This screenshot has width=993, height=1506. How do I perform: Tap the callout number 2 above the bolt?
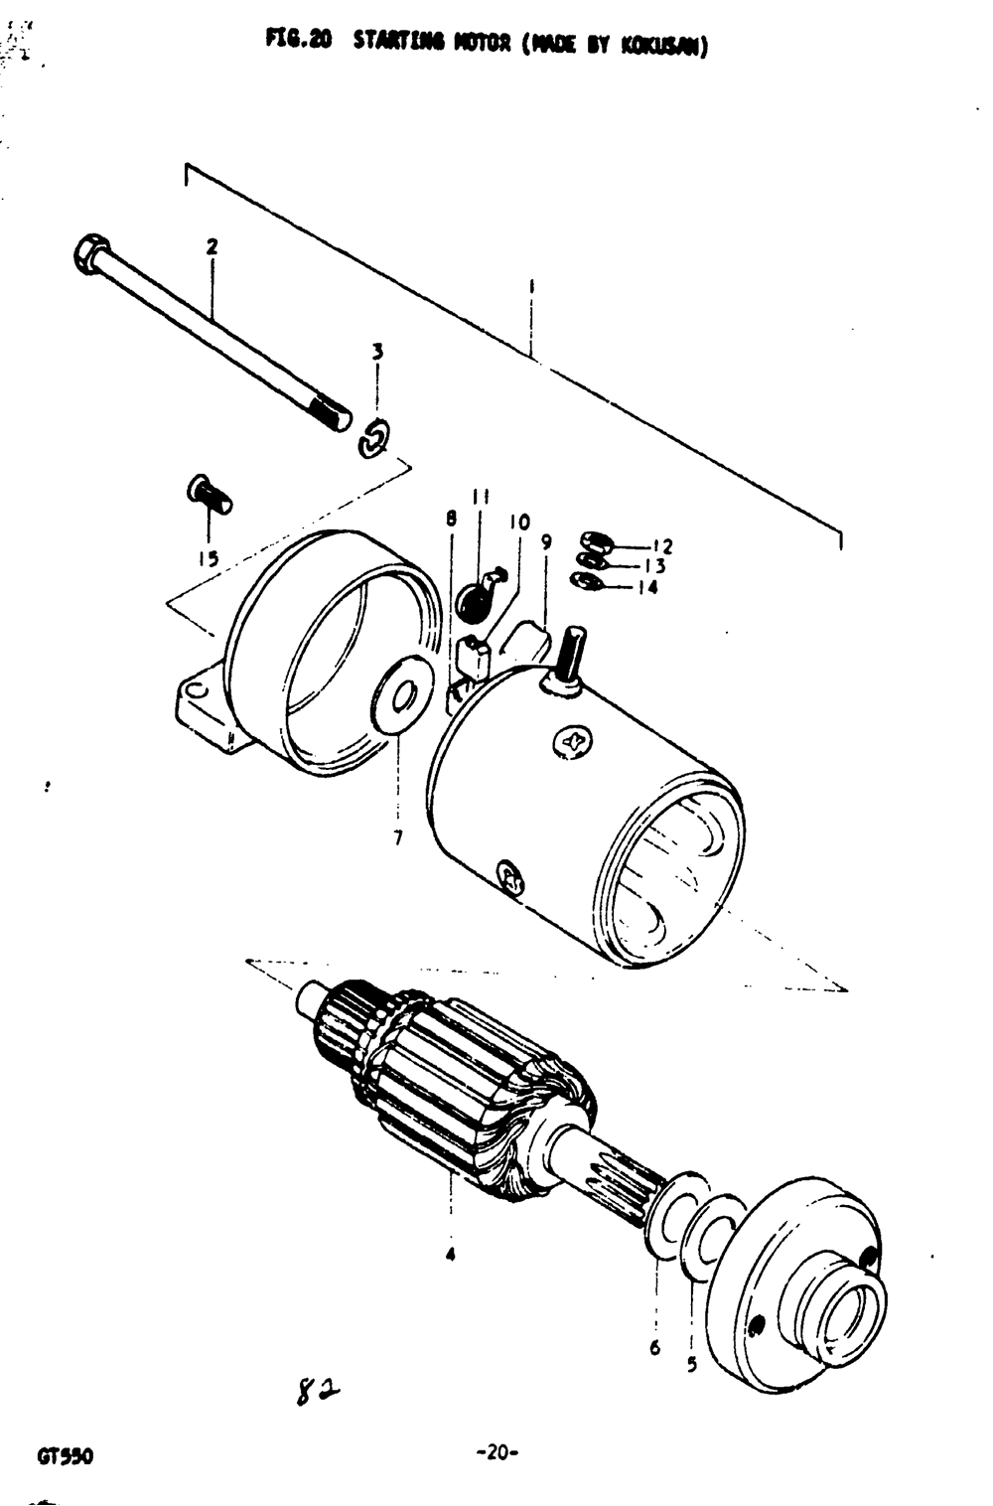212,246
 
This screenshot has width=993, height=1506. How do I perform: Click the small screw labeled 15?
209,495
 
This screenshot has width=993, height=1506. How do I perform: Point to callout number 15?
208,558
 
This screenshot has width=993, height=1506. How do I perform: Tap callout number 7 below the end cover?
398,837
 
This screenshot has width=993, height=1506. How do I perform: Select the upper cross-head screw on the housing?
573,741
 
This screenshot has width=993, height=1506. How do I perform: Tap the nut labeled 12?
596,542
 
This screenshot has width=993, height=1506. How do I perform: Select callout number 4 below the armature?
451,1255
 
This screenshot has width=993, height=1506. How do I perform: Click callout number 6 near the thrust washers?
654,1348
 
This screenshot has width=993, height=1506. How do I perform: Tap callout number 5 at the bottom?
691,1364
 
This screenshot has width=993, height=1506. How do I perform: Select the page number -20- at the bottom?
497,1454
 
